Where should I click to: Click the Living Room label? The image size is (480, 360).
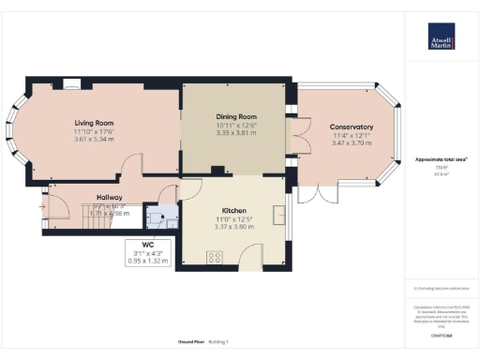[x=94, y=122]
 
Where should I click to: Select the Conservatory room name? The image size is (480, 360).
[x=352, y=127]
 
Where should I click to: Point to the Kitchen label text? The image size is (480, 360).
[x=234, y=210]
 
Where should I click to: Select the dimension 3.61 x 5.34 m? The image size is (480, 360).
[x=94, y=141]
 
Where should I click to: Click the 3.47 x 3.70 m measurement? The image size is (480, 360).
[x=352, y=145]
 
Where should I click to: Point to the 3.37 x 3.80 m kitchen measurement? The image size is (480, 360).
[x=234, y=227]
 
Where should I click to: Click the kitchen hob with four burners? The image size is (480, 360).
[x=214, y=255]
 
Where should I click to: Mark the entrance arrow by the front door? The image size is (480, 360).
[x=41, y=204]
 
